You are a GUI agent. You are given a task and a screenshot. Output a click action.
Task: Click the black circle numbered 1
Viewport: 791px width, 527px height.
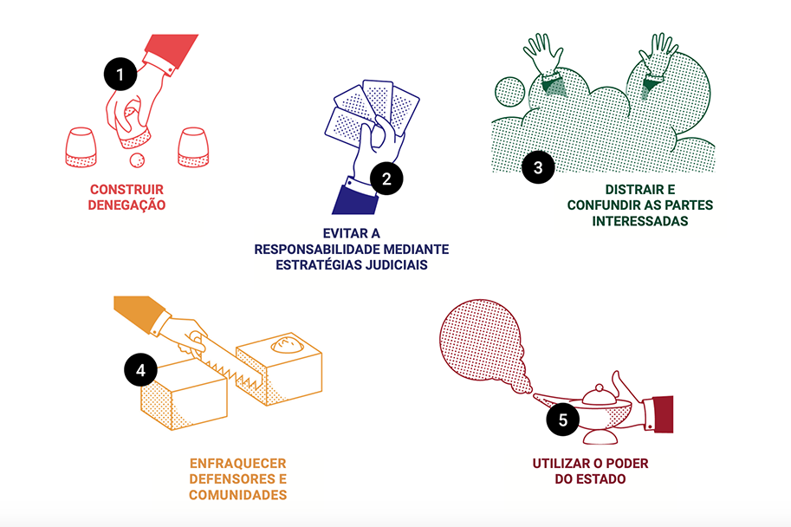coord(120,75)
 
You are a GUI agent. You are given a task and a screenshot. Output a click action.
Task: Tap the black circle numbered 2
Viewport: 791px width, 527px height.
coord(386,179)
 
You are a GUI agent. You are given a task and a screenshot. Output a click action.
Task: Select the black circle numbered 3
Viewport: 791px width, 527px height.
coord(538,167)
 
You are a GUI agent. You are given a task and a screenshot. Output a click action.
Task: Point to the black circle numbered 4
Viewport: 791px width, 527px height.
coord(140,370)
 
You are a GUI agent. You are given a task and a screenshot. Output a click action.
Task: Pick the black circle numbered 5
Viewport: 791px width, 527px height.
coord(563,420)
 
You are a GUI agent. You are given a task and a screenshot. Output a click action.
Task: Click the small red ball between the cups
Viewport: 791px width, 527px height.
coord(136,160)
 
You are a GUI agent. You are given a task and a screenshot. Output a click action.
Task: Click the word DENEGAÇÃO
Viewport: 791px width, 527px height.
coord(127,205)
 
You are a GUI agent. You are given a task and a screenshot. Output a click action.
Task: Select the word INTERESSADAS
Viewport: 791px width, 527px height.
coord(640,221)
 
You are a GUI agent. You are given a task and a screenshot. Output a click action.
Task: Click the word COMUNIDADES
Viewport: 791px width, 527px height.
coord(237,495)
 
